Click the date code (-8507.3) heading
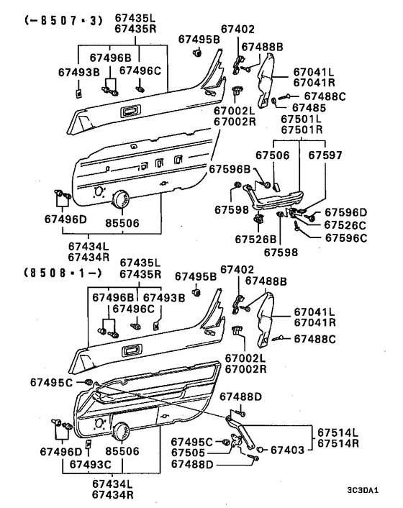click(x=64, y=21)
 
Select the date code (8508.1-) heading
click(x=63, y=273)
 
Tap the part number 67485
click(x=309, y=107)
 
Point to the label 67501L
click(x=302, y=119)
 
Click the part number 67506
click(x=273, y=155)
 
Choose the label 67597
click(x=325, y=155)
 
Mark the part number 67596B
click(x=230, y=169)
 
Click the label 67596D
click(x=346, y=212)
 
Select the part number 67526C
click(x=345, y=224)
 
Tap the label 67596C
click(x=346, y=238)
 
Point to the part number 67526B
click(x=256, y=239)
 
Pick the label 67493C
click(x=91, y=464)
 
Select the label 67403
click(x=288, y=450)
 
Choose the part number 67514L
click(x=338, y=432)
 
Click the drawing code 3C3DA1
click(x=363, y=490)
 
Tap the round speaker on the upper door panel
click(x=120, y=199)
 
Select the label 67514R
click(x=338, y=443)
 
